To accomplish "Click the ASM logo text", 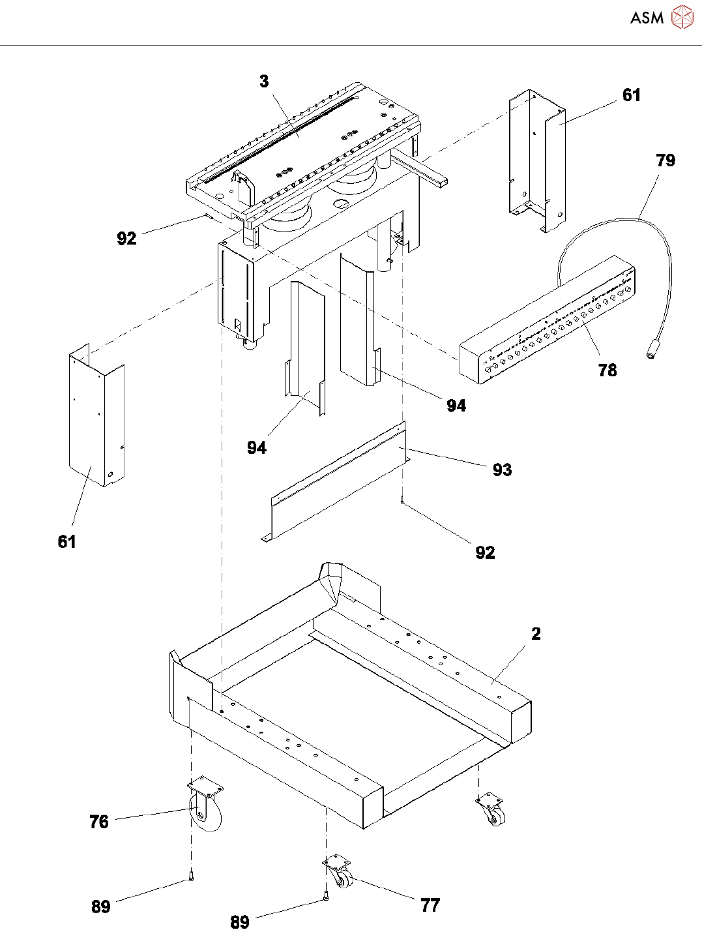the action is tap(647, 18).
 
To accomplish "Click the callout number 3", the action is tap(264, 82).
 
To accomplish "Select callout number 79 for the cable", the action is tap(665, 160).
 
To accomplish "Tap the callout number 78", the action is tap(607, 370).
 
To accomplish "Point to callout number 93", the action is tap(502, 470).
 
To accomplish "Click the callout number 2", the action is tap(536, 633).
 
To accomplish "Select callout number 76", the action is tap(99, 822).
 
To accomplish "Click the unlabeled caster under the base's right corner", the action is tap(491, 809).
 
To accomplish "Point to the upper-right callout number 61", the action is tap(632, 95).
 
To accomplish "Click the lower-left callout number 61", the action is tap(67, 541).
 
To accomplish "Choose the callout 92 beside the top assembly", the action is tap(126, 239).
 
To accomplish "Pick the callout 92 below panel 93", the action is tap(485, 552).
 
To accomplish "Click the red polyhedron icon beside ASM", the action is tap(682, 17).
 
